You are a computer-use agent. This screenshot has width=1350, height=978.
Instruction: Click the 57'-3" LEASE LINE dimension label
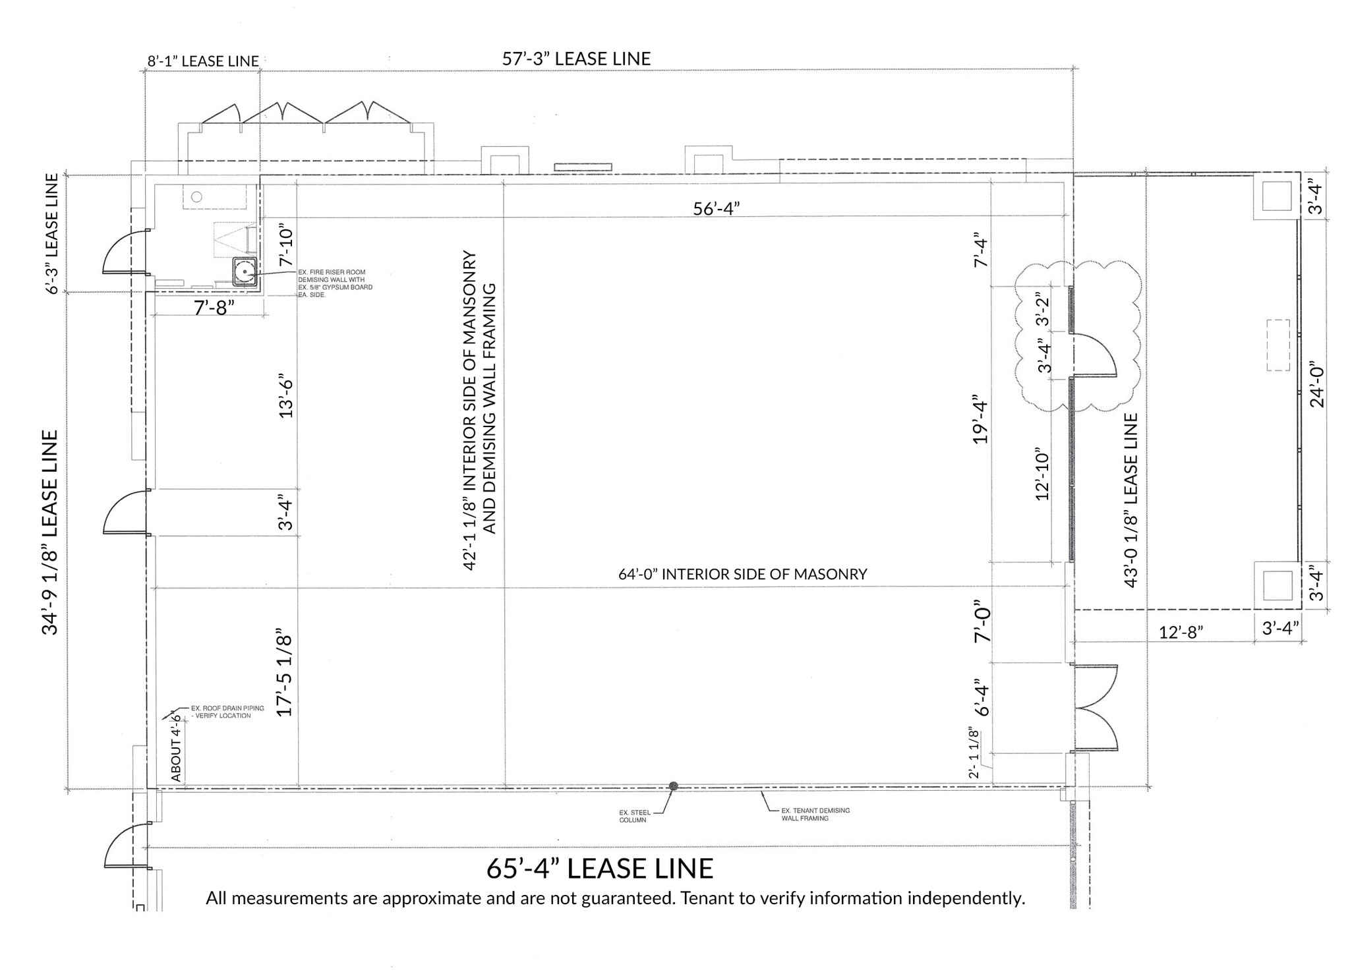tap(576, 59)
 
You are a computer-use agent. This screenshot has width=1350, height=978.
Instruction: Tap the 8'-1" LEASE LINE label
tap(202, 61)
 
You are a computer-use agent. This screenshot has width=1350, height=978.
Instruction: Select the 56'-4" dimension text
tap(716, 208)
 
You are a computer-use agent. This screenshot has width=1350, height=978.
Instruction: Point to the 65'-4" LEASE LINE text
tap(599, 869)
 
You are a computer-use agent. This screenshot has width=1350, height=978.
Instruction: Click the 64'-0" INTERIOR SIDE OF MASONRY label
tap(742, 574)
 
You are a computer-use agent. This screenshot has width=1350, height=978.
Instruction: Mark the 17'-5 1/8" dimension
tap(284, 676)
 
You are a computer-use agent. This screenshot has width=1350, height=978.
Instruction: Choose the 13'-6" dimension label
tap(285, 397)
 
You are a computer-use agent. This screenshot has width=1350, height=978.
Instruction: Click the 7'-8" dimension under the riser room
tap(214, 307)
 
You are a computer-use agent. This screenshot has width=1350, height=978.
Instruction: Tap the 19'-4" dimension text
tap(981, 422)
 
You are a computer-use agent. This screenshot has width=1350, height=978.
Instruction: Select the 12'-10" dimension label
tap(1042, 473)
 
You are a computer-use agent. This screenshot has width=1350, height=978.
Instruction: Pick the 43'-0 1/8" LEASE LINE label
tap(1130, 500)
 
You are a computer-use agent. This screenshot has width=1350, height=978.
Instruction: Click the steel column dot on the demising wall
tap(673, 786)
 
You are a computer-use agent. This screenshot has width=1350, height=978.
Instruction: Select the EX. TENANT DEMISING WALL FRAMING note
tap(815, 814)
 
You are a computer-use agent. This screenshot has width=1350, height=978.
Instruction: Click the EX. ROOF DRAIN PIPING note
tap(227, 712)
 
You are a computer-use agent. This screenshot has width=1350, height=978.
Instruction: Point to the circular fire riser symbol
tap(245, 272)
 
